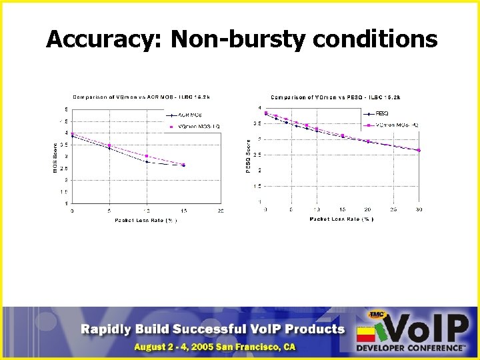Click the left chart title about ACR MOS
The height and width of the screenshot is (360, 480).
coord(141,97)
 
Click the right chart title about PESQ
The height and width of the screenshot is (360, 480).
coord(335,97)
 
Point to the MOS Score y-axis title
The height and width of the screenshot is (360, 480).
coord(55,156)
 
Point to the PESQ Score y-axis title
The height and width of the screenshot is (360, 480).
coord(249,156)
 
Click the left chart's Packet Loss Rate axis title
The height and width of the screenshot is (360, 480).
coord(145,219)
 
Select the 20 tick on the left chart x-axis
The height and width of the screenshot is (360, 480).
coord(221,211)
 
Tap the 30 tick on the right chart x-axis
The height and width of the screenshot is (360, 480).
coord(419,209)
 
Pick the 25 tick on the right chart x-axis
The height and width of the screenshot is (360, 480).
coord(393,209)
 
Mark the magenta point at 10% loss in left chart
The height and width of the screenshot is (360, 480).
coord(147,156)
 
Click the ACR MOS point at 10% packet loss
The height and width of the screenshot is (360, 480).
coord(147,162)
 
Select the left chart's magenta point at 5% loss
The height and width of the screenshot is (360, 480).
coord(109,145)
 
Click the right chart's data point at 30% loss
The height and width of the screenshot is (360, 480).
coord(419,151)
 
